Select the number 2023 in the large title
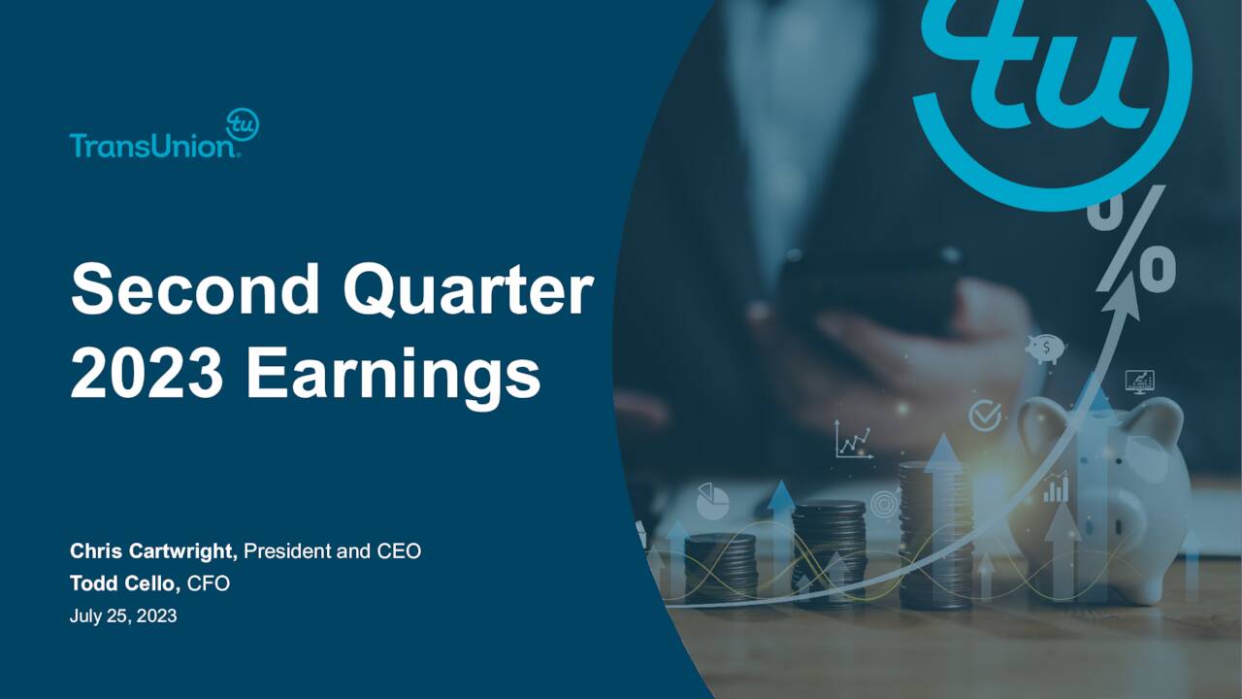(148, 375)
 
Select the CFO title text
(209, 583)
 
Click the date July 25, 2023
(123, 616)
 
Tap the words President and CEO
(332, 551)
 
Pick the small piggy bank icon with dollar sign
(1044, 348)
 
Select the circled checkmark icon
(985, 416)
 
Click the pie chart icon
(713, 501)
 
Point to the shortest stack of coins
(720, 567)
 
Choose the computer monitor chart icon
(1139, 381)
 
